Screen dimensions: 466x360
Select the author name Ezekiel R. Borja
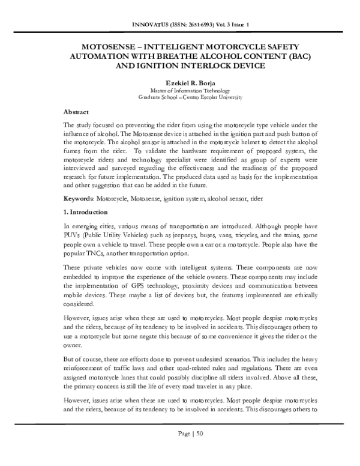[179, 82]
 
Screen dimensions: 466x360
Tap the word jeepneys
[172, 237]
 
